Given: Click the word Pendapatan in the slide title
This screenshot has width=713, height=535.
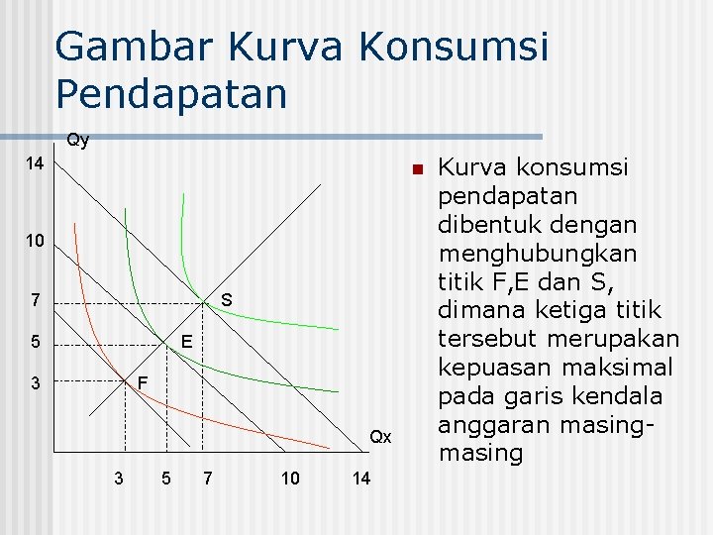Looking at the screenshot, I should [x=171, y=94].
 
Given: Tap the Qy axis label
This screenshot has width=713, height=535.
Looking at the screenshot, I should [x=77, y=141].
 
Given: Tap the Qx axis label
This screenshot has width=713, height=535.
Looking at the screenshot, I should [x=381, y=437].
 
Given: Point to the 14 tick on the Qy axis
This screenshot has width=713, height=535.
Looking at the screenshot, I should [x=34, y=163].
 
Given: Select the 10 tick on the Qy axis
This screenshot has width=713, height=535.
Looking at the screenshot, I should [x=34, y=242].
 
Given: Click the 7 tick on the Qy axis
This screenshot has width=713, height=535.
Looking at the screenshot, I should [x=34, y=300].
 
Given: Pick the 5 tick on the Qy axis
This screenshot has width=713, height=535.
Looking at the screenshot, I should [x=34, y=345].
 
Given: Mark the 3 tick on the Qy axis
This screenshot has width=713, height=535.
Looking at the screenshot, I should [x=34, y=382].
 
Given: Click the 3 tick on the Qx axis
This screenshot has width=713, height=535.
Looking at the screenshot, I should [x=119, y=479].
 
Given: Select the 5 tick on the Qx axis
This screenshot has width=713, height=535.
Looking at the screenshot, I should [x=165, y=479].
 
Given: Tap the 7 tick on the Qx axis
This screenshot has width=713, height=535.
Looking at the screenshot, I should [x=206, y=479].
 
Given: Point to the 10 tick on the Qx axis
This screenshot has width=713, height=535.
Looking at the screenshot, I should [x=290, y=479].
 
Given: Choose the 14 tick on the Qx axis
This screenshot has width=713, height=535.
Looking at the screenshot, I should [x=361, y=479].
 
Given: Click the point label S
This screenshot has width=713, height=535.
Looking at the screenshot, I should [x=226, y=299].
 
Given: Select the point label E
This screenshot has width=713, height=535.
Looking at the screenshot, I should [x=185, y=343].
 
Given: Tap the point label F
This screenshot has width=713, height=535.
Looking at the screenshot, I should [x=143, y=381].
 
